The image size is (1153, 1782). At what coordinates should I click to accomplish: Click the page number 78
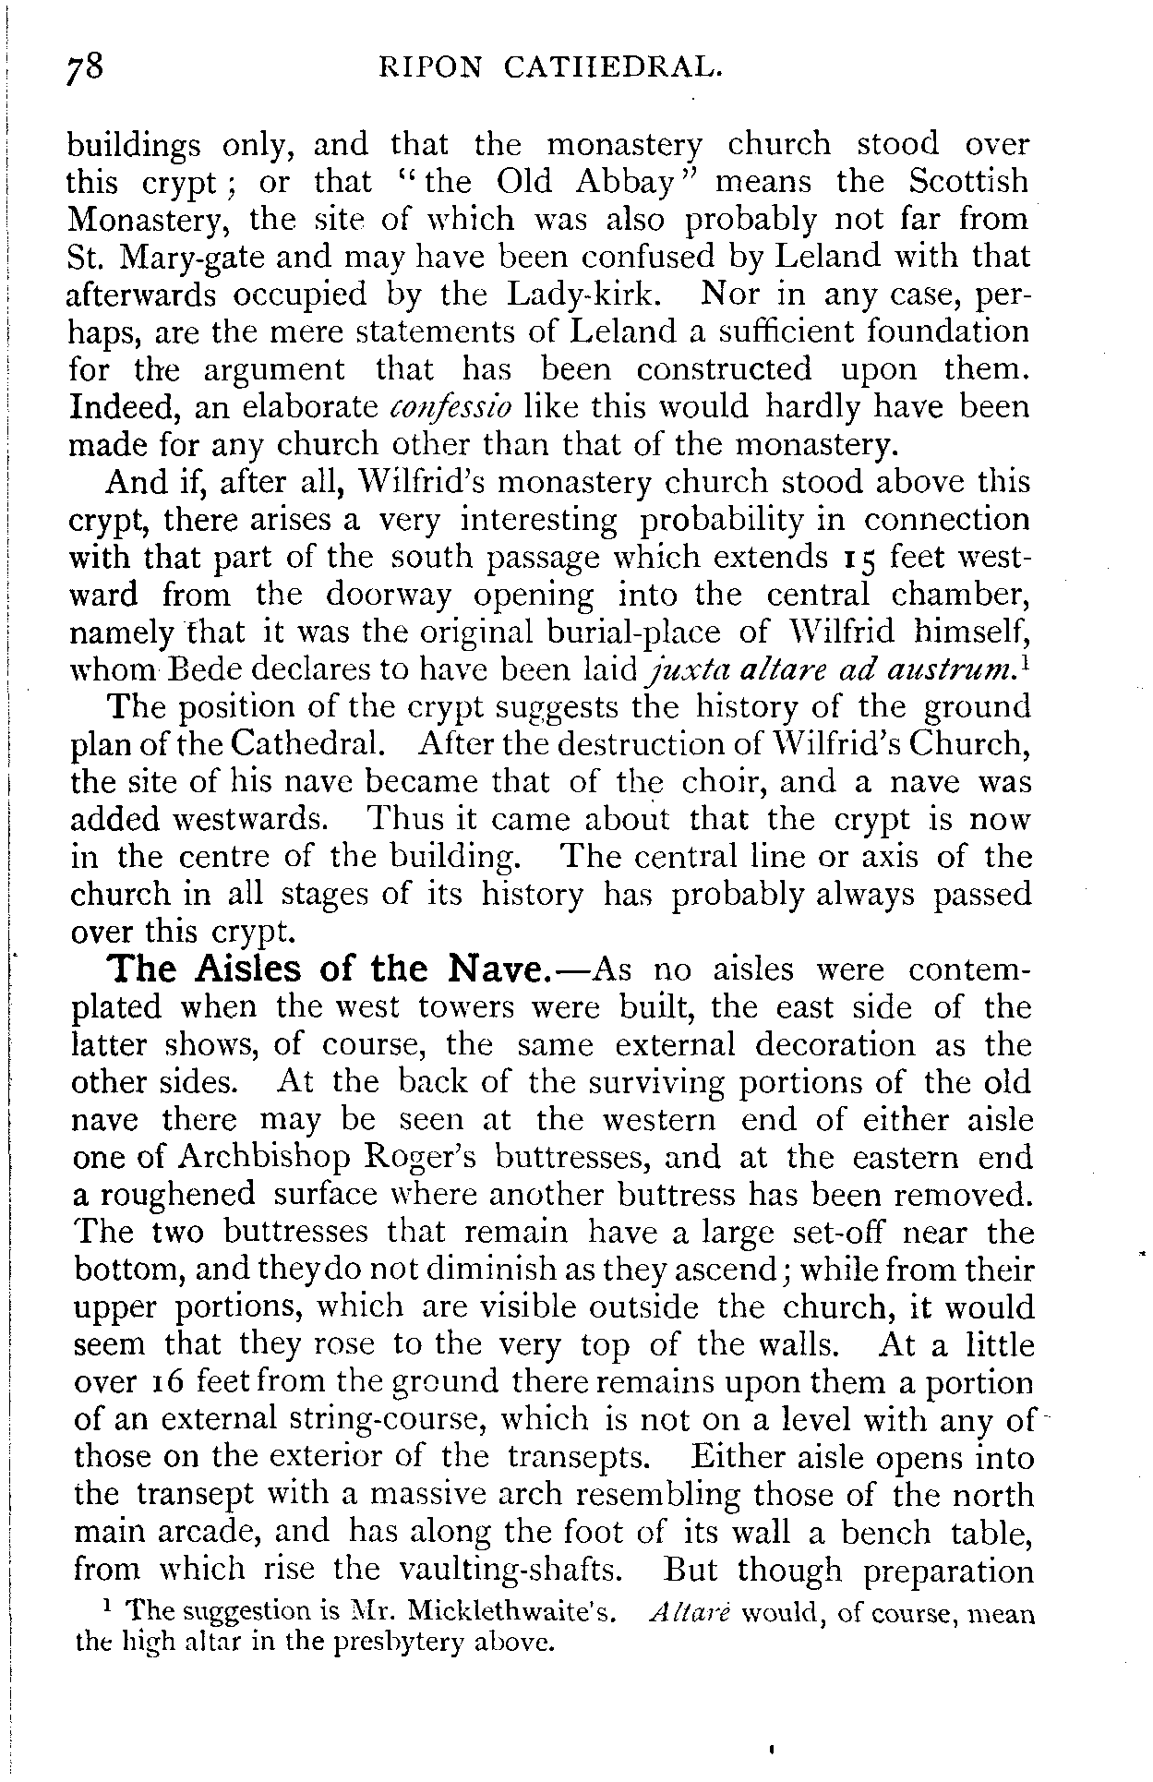point(89,69)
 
